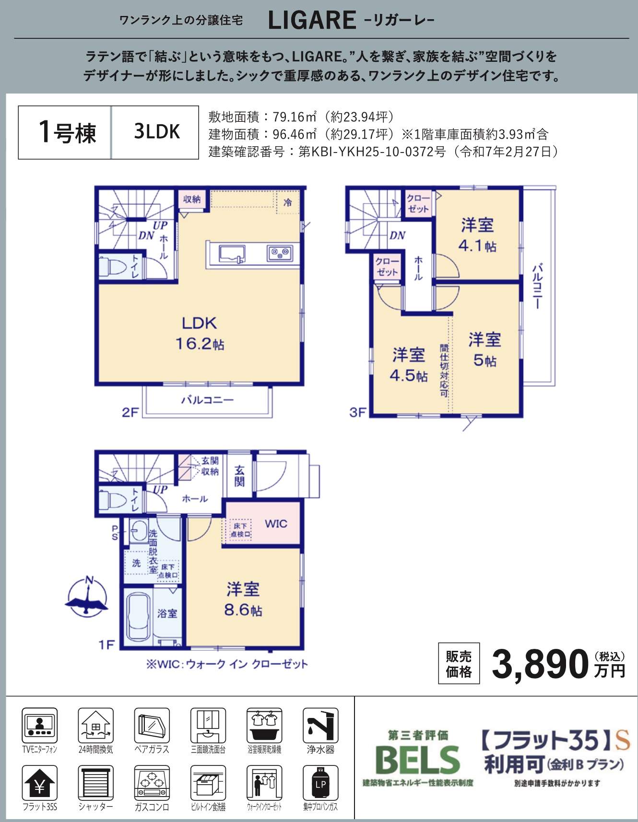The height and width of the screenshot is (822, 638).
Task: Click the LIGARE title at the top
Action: (x=312, y=21)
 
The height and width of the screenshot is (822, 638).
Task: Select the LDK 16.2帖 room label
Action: (x=200, y=333)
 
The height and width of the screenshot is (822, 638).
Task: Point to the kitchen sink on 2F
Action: (x=232, y=253)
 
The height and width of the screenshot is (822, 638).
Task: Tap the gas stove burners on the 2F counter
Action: (x=280, y=253)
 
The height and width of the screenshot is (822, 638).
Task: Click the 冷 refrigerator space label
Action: (x=288, y=202)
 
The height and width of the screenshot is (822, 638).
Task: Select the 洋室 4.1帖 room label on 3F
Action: (x=477, y=235)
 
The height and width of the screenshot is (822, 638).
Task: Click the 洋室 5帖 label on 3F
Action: (x=484, y=350)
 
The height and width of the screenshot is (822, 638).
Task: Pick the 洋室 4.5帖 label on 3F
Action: (x=409, y=364)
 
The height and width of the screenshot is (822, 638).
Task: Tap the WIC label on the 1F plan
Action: (x=276, y=524)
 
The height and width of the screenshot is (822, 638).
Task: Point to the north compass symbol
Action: (x=87, y=596)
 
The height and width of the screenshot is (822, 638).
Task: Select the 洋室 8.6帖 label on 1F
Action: (x=243, y=599)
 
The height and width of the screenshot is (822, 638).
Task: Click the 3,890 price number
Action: (x=540, y=664)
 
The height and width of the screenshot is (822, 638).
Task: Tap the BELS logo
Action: (x=418, y=760)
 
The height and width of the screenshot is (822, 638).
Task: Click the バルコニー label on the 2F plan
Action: (x=207, y=400)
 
